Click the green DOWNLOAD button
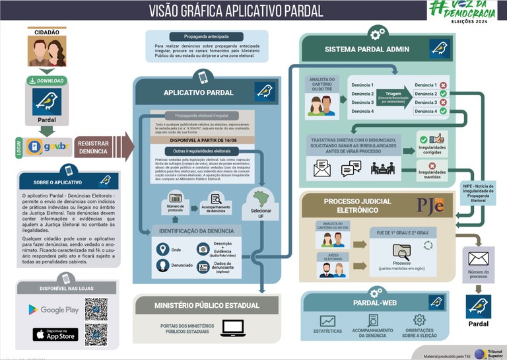tap(47, 81)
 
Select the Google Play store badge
tap(53, 309)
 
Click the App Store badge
tap(55, 334)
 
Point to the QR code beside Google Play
tap(96, 309)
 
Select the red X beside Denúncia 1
tap(443, 85)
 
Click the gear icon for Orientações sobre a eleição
tap(419, 320)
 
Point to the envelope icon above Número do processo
tap(478, 258)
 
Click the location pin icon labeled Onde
tap(162, 250)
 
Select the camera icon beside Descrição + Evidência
tap(203, 250)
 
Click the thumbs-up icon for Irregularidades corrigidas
tap(437, 139)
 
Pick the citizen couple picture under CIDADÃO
tap(47, 52)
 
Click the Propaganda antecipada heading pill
tap(207, 37)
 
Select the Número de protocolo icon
tap(176, 198)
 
